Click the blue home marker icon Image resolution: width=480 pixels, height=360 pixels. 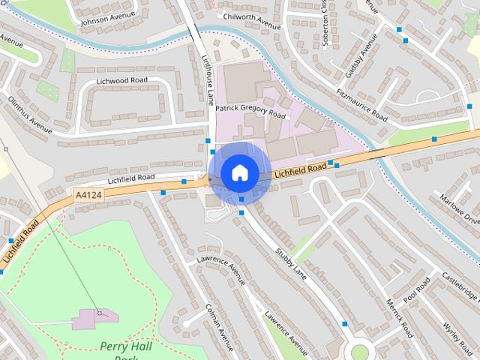(238, 172)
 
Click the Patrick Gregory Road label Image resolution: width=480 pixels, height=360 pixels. (250, 111)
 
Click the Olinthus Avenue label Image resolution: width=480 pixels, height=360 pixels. (29, 114)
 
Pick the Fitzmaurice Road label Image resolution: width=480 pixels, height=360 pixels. (361, 105)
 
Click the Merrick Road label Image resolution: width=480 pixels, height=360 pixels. (398, 316)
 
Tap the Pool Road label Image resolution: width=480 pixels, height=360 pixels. (416, 290)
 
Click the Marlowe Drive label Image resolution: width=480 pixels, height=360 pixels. (460, 210)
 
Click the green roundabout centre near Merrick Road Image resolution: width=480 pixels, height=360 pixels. (360, 351)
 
